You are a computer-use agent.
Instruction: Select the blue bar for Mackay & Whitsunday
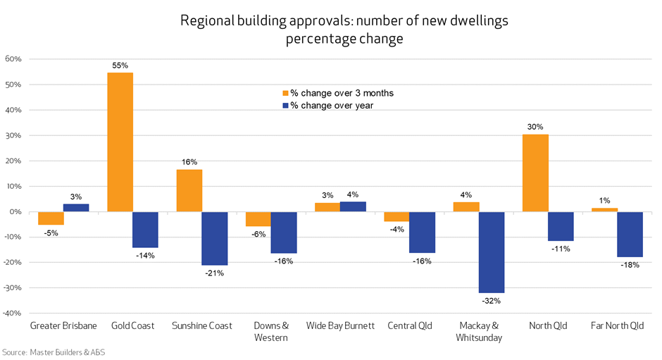tap(492, 252)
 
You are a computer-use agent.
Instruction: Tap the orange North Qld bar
tap(535, 173)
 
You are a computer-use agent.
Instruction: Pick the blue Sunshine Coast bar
tap(214, 238)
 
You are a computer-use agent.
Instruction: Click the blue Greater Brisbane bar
tap(76, 208)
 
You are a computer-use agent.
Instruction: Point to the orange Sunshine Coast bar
tap(189, 190)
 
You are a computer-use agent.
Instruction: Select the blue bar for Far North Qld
tap(630, 235)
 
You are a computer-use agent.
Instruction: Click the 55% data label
tap(120, 66)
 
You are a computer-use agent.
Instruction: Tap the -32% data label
tap(492, 302)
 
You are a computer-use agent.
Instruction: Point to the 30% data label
tap(535, 127)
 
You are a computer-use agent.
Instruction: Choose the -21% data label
tap(214, 273)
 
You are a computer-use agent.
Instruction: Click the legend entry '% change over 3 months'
tap(337, 93)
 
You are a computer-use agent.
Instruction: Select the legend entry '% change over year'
tap(327, 106)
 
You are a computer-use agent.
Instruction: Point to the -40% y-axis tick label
tap(13, 314)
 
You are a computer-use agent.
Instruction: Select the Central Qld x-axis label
tap(409, 326)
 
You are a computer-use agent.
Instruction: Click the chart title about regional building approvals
tap(344, 30)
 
